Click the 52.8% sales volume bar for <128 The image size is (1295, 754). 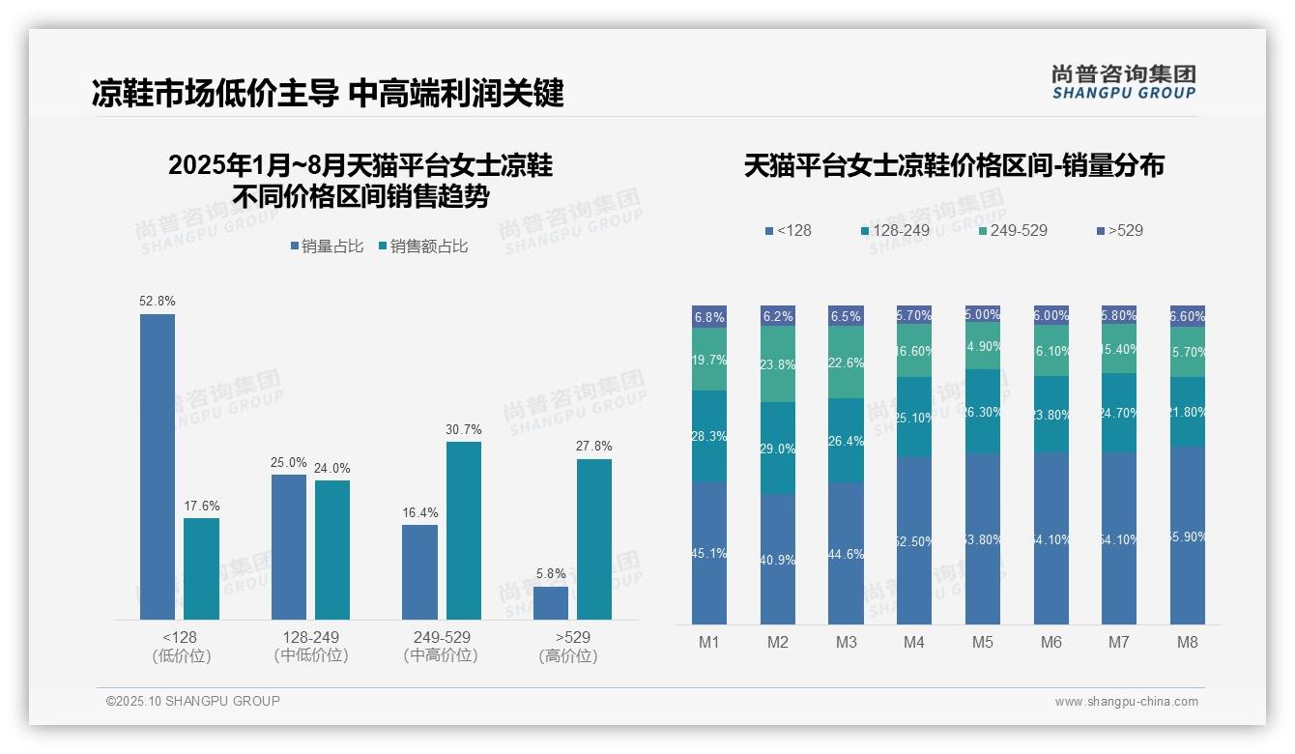158,466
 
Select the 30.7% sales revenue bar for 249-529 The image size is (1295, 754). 464,530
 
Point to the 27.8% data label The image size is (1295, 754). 593,447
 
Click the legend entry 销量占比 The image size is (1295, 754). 326,246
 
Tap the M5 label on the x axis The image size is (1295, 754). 982,643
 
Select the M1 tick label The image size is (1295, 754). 709,643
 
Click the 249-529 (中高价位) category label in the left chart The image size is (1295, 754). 441,647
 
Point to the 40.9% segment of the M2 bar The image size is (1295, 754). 778,559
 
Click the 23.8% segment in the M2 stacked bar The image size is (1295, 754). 778,364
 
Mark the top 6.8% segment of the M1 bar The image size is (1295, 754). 709,317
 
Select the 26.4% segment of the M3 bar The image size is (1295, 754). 846,441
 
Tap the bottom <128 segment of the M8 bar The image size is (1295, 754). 1187,536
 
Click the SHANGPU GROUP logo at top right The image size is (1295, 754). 1123,81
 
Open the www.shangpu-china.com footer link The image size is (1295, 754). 1126,702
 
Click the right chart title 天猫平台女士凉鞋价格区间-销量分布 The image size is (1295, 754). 954,166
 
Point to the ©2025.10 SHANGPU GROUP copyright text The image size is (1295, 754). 193,702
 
